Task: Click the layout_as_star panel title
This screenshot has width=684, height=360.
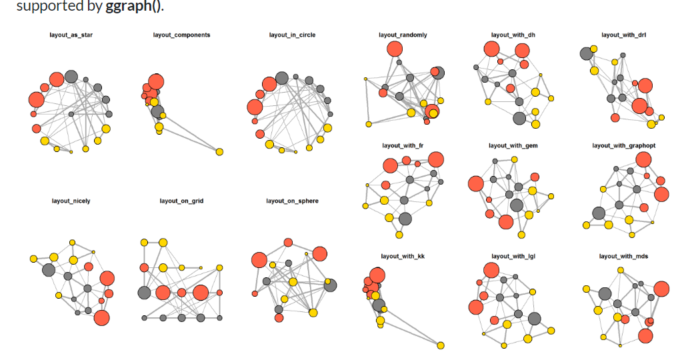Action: pyautogui.click(x=71, y=35)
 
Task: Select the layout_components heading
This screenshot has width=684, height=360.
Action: pyautogui.click(x=181, y=35)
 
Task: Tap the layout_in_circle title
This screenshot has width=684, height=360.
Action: pyautogui.click(x=292, y=35)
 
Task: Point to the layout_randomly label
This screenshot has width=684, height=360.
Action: pyautogui.click(x=403, y=35)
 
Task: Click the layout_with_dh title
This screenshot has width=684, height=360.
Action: pyautogui.click(x=513, y=35)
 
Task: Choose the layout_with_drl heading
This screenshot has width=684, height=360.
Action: pyautogui.click(x=623, y=35)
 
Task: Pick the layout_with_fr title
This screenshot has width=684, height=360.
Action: pyautogui.click(x=403, y=145)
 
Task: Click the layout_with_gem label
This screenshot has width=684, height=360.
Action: pyautogui.click(x=513, y=145)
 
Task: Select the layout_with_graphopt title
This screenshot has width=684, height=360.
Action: pyautogui.click(x=623, y=145)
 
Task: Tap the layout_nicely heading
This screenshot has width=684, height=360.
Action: pyautogui.click(x=71, y=201)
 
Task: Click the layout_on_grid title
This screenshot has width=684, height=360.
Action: pyautogui.click(x=181, y=201)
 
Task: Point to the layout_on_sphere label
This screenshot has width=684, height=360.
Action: pyautogui.click(x=292, y=201)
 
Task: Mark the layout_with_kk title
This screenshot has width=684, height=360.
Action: pyautogui.click(x=403, y=256)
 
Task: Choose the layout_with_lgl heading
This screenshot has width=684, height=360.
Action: pyautogui.click(x=513, y=256)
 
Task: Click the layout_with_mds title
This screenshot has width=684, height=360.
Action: pyautogui.click(x=623, y=256)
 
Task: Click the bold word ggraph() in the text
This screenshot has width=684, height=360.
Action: pyautogui.click(x=133, y=7)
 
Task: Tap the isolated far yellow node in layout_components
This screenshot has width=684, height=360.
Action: pyautogui.click(x=219, y=152)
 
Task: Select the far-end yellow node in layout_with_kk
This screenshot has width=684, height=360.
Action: pyautogui.click(x=441, y=345)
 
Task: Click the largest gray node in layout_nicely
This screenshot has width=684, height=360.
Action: pyautogui.click(x=48, y=270)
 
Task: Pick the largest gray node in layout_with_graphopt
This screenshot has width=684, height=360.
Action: pyautogui.click(x=599, y=213)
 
